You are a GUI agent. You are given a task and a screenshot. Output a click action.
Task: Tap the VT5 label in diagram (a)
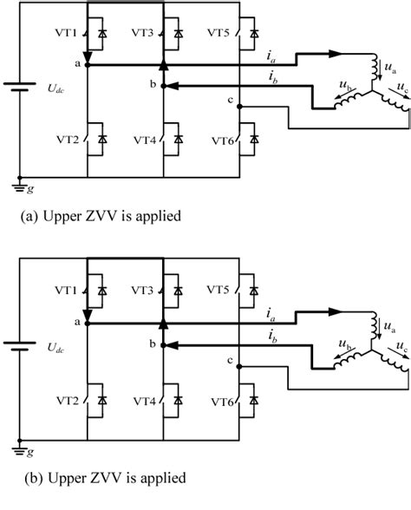point(219,33)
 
